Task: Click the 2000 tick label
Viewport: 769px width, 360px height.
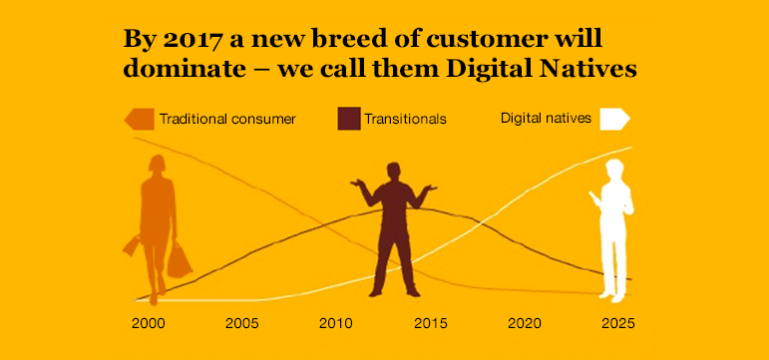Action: [x=148, y=324]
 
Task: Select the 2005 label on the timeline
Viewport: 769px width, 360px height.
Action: [x=242, y=324]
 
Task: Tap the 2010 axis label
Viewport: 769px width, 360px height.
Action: [x=336, y=324]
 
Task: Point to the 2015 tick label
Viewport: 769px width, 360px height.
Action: [x=430, y=324]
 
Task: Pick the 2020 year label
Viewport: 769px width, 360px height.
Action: [x=525, y=324]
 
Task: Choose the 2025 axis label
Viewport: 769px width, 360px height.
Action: [x=618, y=324]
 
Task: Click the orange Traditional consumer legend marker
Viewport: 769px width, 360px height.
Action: [x=140, y=119]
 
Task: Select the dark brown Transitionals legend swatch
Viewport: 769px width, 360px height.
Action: [x=348, y=119]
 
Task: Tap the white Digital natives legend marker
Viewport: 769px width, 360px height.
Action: [x=613, y=119]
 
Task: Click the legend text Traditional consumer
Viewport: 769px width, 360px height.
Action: [x=227, y=119]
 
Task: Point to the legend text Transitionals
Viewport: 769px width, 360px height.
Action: [x=405, y=119]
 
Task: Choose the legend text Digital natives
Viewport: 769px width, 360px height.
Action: [x=546, y=119]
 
